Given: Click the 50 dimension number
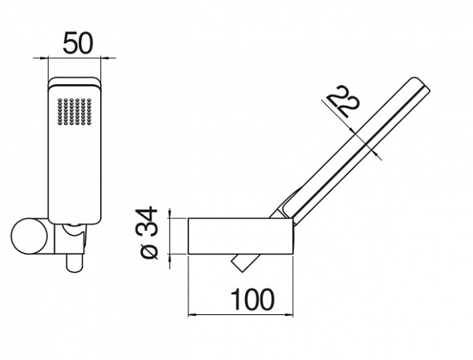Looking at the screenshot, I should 76,43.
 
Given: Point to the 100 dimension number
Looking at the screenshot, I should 251,299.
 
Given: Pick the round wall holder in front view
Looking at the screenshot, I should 32,237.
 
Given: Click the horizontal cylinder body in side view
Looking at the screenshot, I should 240,235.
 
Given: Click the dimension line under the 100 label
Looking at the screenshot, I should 244,314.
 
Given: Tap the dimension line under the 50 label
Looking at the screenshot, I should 77,58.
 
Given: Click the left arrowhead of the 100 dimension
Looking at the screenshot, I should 192,314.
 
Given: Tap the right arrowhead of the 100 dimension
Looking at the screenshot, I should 295,314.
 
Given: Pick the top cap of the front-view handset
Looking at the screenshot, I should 76,85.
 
